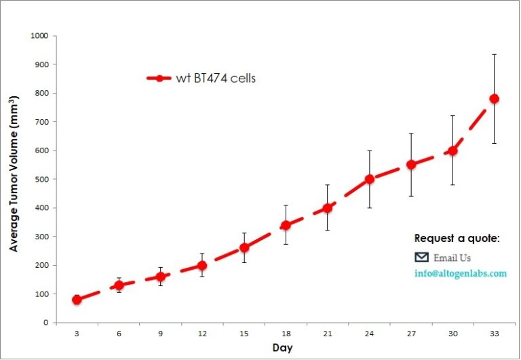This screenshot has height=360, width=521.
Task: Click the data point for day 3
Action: coord(77,300)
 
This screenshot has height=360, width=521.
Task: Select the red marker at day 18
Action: coord(286,225)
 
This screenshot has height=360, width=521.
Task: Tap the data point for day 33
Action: coord(494,99)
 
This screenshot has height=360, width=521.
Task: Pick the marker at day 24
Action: coord(369,180)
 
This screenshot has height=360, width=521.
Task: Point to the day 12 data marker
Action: coord(202,265)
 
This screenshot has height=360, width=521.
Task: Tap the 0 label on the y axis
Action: coord(45,323)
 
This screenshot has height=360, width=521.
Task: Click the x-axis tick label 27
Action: coord(410,333)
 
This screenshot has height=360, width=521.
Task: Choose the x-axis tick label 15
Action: coord(244,333)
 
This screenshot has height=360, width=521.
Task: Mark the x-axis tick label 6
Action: coord(119,333)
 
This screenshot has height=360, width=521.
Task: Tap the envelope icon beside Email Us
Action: coord(421,257)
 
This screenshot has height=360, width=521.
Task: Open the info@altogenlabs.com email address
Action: coord(461,274)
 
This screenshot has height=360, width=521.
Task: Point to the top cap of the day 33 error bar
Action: coord(494,54)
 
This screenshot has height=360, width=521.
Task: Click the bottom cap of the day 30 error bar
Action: coord(452,185)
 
